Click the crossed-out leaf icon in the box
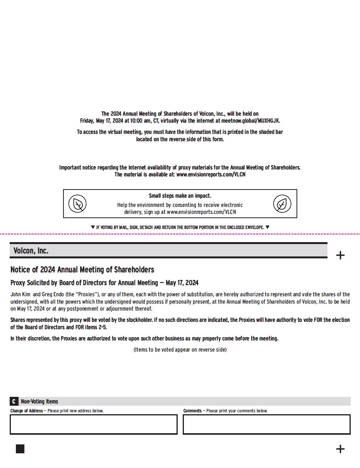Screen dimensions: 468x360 [77, 204]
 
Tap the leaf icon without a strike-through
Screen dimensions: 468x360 [282, 204]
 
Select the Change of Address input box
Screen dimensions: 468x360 [94, 424]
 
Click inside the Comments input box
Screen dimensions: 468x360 [267, 424]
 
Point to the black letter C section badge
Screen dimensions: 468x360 [14, 401]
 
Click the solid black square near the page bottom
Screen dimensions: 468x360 [20, 449]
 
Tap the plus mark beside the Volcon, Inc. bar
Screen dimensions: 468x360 [340, 255]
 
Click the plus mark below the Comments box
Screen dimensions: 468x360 [340, 449]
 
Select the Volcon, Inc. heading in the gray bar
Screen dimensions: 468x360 [31, 251]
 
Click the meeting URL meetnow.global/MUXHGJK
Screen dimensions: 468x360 [250, 121]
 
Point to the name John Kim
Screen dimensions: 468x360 [20, 294]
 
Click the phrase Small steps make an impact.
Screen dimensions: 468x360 [180, 196]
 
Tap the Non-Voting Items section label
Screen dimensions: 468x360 [39, 401]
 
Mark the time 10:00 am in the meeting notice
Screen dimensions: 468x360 [141, 121]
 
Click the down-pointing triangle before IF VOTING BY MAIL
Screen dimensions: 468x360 [93, 227]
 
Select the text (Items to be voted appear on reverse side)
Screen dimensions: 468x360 [180, 350]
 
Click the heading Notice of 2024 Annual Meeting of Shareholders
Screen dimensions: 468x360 [82, 270]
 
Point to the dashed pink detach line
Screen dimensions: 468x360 [180, 234]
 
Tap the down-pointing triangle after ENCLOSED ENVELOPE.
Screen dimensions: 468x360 [267, 227]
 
